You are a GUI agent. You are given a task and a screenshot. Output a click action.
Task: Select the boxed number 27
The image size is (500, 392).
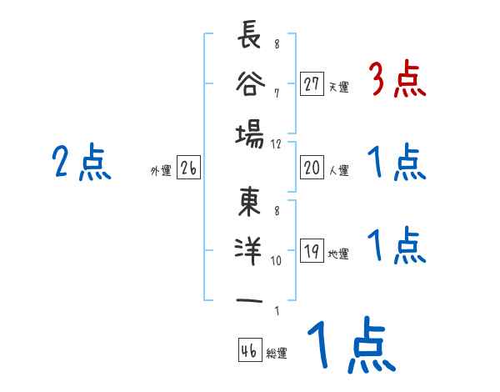click(x=312, y=83)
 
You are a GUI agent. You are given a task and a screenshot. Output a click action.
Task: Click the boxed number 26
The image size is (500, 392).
click(x=188, y=169)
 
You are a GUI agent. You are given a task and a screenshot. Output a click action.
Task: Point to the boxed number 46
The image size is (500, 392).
click(x=249, y=350)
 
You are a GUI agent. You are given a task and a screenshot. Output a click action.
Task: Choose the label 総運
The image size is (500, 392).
click(x=277, y=353)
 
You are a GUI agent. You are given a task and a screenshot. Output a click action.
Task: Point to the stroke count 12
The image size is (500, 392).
click(x=276, y=143)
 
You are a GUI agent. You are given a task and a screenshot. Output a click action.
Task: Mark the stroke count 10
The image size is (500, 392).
click(x=276, y=260)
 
